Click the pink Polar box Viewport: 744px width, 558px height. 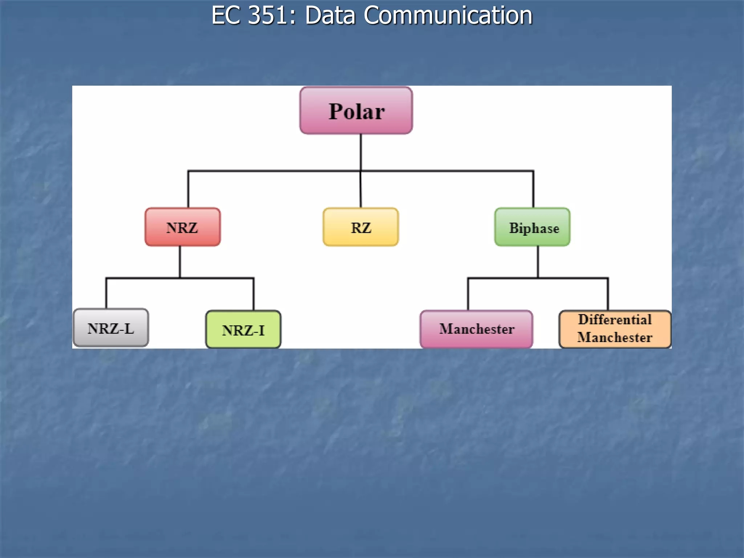coord(356,110)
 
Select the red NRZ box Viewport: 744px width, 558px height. coord(182,227)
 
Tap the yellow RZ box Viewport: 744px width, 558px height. coord(361,227)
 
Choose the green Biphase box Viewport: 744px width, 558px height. coord(532,227)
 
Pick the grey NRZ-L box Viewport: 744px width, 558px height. coord(111,328)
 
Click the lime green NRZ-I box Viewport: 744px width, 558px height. coord(243,329)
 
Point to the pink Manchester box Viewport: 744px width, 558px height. coord(476,329)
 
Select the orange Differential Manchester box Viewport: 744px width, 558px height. coord(615,329)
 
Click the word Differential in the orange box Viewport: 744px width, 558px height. coord(615,320)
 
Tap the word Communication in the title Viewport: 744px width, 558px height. coord(448,15)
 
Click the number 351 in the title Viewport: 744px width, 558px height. coord(268,15)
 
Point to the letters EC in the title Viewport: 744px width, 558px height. coord(226,15)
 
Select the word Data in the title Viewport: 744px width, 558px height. coord(330,15)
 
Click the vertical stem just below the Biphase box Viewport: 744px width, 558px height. coord(538,262)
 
